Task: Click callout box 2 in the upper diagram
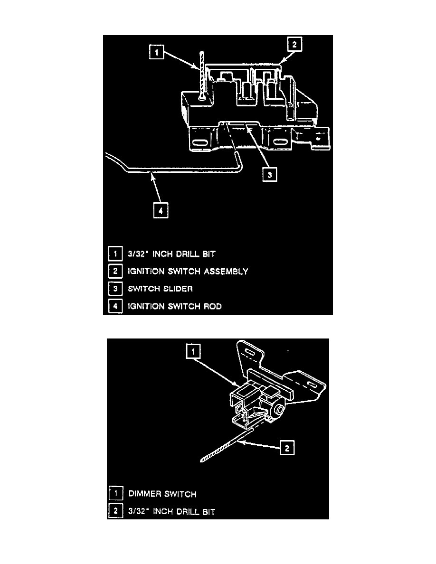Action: pyautogui.click(x=294, y=45)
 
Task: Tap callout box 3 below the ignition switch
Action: pyautogui.click(x=270, y=175)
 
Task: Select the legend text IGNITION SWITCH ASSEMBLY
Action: pyautogui.click(x=188, y=272)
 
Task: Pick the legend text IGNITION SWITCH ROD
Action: pyautogui.click(x=174, y=306)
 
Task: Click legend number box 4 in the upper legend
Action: pyautogui.click(x=114, y=306)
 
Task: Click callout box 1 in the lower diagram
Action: pyautogui.click(x=193, y=351)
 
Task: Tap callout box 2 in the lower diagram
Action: pyautogui.click(x=286, y=447)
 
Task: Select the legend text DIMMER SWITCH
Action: pyautogui.click(x=162, y=494)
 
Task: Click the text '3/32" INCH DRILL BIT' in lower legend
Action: pyautogui.click(x=171, y=512)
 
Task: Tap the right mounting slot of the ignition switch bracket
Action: pyautogui.click(x=278, y=142)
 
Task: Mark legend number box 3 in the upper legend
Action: pyautogui.click(x=114, y=289)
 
